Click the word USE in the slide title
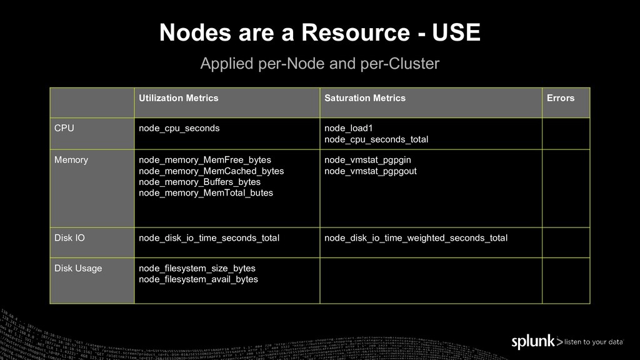click(x=456, y=33)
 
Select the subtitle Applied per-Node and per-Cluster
click(x=319, y=64)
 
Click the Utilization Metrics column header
click(x=178, y=98)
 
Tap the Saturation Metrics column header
click(x=364, y=98)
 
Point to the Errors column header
click(x=560, y=98)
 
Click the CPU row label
click(x=64, y=128)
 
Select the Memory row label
click(x=71, y=160)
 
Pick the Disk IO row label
click(x=69, y=238)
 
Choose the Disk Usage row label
click(x=78, y=269)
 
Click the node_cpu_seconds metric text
click(x=179, y=128)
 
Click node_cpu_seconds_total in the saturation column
click(x=376, y=139)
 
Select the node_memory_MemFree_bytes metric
click(x=204, y=160)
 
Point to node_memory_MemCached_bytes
click(x=211, y=171)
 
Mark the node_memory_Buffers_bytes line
click(x=199, y=182)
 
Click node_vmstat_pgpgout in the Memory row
click(x=370, y=171)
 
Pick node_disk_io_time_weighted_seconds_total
click(x=416, y=238)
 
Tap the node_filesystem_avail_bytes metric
click(x=198, y=279)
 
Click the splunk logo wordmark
click(x=533, y=342)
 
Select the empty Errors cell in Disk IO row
click(x=566, y=242)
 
